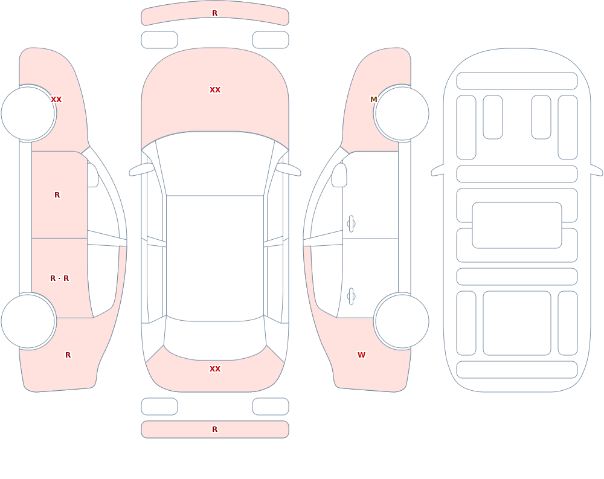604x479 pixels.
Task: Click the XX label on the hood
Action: (x=215, y=90)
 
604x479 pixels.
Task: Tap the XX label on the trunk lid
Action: (x=215, y=369)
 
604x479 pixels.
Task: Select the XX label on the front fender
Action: (x=56, y=100)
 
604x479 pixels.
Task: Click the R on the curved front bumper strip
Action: (x=215, y=13)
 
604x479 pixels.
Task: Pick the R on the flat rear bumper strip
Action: (x=215, y=429)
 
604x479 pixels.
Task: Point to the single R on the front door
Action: (x=57, y=195)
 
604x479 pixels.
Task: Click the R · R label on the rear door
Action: (x=60, y=278)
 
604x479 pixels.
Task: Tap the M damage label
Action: (x=374, y=100)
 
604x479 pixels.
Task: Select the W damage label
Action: (x=361, y=355)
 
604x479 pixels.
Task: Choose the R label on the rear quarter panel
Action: (x=68, y=355)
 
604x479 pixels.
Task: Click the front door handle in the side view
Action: (x=351, y=224)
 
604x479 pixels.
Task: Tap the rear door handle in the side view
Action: (x=351, y=297)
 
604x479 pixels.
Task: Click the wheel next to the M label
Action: (x=402, y=114)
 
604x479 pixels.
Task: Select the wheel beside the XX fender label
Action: (x=28, y=114)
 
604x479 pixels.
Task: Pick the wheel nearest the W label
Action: (x=402, y=321)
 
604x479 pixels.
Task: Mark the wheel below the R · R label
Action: (x=28, y=321)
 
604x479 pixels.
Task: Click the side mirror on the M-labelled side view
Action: (x=339, y=175)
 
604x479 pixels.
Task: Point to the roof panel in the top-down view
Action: (x=215, y=258)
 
